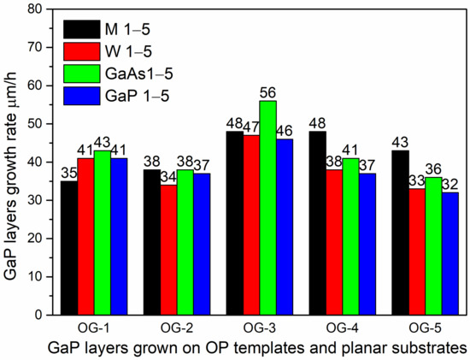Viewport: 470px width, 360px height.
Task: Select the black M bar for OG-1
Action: pos(68,248)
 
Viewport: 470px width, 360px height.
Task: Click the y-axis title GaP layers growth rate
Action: pos(13,162)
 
